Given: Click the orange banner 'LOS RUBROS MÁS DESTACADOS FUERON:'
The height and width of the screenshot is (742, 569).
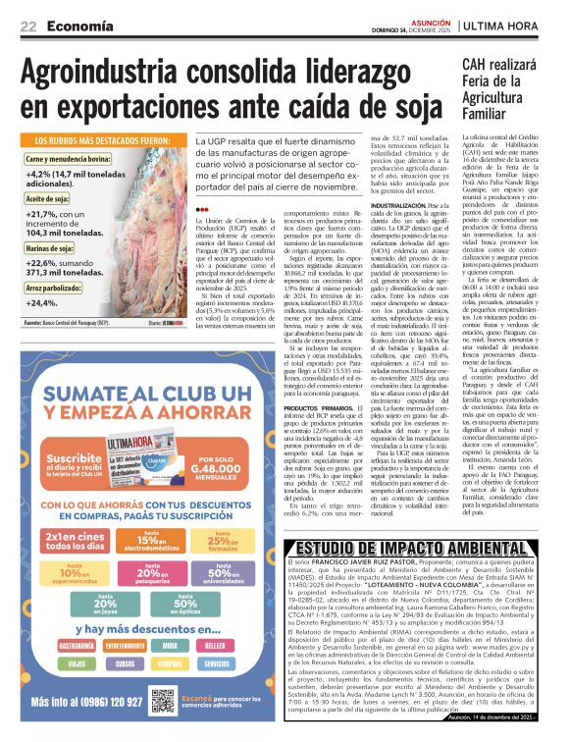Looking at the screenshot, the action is (x=102, y=141).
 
